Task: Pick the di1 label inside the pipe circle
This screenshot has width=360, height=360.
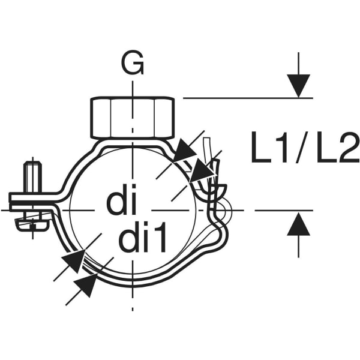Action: tap(142, 239)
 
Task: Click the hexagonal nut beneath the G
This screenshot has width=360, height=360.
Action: tap(132, 118)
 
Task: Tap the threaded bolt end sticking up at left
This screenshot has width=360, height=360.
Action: tap(32, 176)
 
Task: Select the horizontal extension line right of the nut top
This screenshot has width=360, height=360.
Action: tap(246, 98)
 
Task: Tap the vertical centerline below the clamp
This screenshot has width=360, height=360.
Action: tap(132, 300)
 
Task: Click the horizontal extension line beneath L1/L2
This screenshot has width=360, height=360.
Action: tap(282, 211)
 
